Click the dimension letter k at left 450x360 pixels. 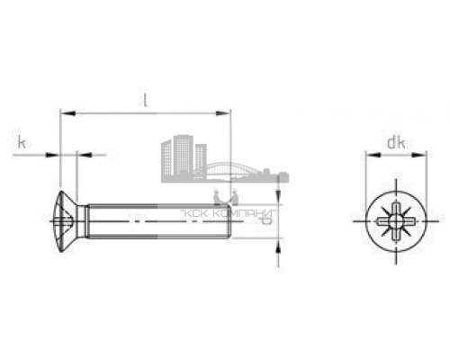(x=21, y=141)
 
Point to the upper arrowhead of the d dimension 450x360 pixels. (x=278, y=200)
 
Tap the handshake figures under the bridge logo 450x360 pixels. (x=224, y=195)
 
